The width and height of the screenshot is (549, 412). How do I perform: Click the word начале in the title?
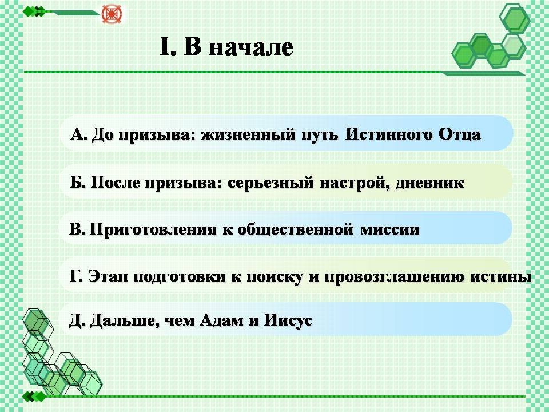coord(251,47)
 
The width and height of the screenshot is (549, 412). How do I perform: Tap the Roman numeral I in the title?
coord(165,46)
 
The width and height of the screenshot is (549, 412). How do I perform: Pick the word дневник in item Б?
coord(429,183)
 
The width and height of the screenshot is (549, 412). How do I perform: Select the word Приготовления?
coord(154,229)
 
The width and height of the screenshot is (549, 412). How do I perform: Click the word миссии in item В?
coord(389,230)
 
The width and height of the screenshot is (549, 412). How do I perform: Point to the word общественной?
coord(295,229)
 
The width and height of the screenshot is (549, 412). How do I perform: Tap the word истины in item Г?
coord(501,276)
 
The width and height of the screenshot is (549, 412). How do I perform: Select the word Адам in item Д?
coord(221,320)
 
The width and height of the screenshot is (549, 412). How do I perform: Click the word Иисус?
coord(288,320)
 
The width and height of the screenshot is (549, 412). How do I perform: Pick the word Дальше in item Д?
coord(122,320)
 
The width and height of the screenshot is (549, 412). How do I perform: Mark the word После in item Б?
coord(115,183)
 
